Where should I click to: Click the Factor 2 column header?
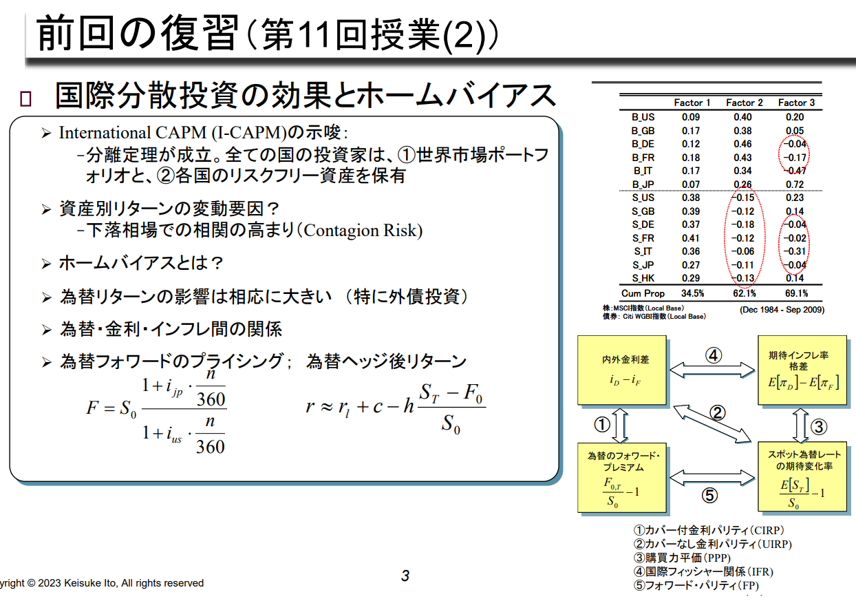point(745,103)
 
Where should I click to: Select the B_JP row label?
point(643,184)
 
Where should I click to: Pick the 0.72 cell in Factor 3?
point(795,184)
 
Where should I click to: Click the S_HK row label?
point(643,278)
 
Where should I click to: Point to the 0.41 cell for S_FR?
point(691,238)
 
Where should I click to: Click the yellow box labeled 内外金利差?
point(621,370)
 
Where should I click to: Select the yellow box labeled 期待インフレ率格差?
point(802,370)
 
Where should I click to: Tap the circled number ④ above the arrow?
point(713,355)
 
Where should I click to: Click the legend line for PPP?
point(682,558)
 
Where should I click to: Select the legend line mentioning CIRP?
point(709,530)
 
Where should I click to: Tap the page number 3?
point(405,576)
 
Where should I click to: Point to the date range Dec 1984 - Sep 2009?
point(782,309)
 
